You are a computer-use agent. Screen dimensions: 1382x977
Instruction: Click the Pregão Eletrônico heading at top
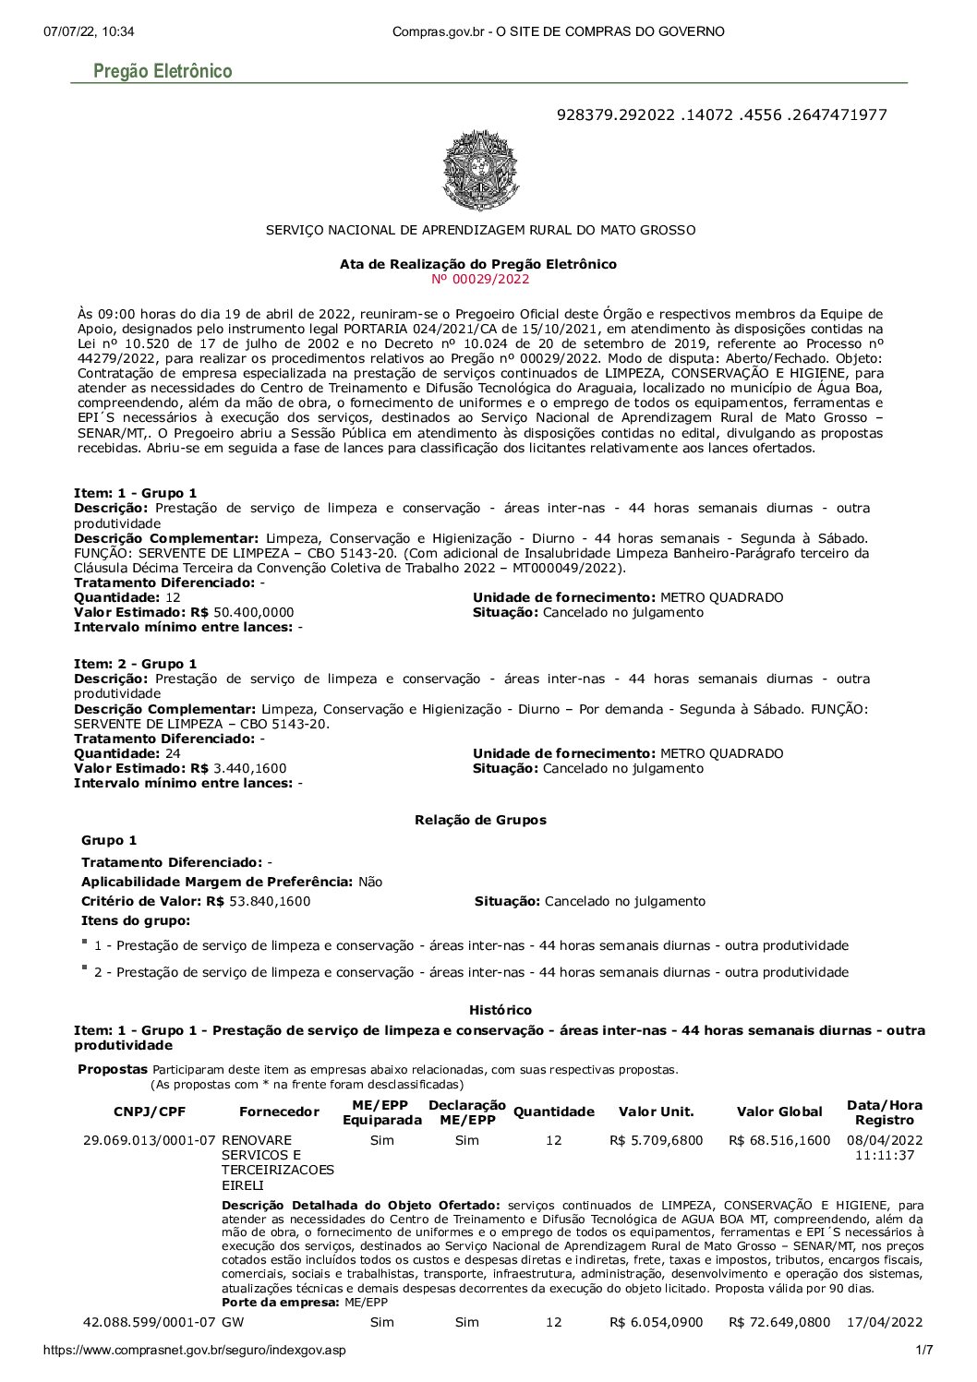(x=163, y=71)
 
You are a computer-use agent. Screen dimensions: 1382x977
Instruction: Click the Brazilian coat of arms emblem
(x=480, y=171)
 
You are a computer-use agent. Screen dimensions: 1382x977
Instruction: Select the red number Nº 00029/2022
(x=480, y=279)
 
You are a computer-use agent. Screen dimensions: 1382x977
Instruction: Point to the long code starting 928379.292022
(x=721, y=114)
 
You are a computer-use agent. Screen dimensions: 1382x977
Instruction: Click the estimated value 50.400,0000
(x=253, y=612)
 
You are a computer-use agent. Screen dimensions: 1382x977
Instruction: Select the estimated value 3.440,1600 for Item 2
(x=249, y=768)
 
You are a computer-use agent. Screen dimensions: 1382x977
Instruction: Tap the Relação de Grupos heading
(x=480, y=820)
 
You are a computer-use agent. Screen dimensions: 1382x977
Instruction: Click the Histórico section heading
(x=500, y=1010)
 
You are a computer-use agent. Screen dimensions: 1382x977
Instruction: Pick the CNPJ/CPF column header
(x=150, y=1112)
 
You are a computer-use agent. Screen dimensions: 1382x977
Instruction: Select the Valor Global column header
(x=779, y=1112)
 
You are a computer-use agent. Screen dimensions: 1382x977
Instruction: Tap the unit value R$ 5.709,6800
(x=656, y=1140)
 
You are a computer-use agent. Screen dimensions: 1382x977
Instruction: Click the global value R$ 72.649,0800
(x=779, y=1322)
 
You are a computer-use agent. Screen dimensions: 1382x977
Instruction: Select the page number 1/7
(x=923, y=1351)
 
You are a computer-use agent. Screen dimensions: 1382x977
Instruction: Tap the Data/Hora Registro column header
(x=884, y=1112)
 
